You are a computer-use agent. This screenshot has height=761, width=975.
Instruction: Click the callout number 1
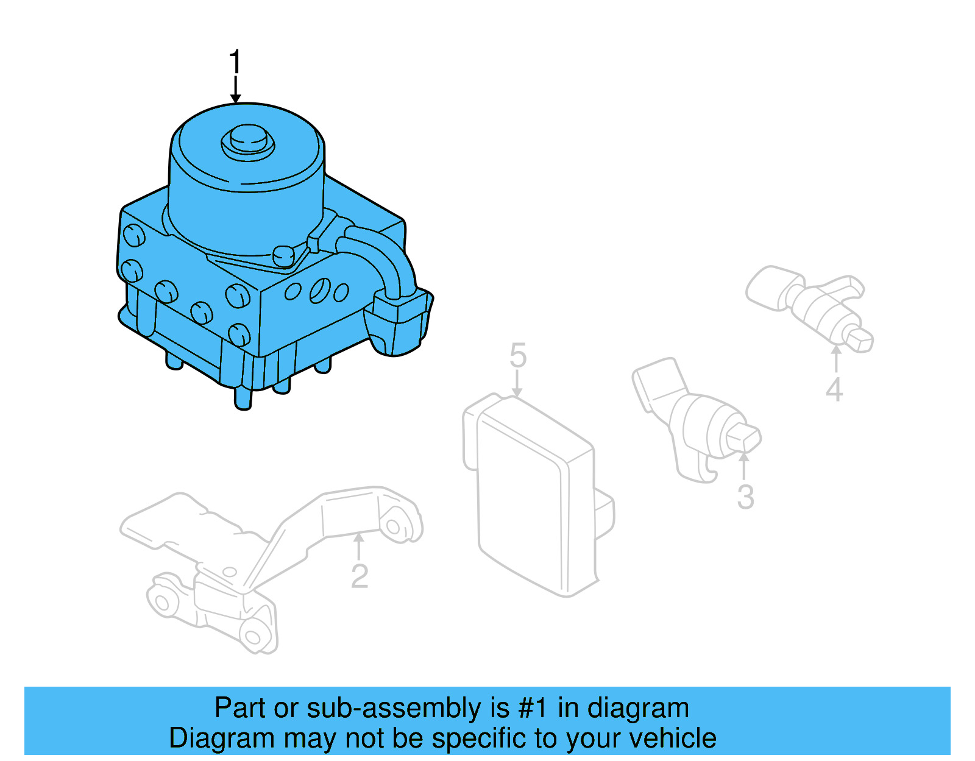coord(235,63)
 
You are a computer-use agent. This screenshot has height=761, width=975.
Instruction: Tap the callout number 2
coord(360,576)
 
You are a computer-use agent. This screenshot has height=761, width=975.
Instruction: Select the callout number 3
coord(745,497)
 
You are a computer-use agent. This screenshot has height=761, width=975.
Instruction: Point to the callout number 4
coord(834,389)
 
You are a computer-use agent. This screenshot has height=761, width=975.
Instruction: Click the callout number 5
coord(517,355)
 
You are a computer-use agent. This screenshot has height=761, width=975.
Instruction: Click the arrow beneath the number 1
coord(235,90)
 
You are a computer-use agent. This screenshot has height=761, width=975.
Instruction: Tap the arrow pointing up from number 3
coord(744,466)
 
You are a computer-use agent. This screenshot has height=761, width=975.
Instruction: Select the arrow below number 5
coord(517,384)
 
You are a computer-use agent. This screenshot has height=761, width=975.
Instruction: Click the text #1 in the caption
coord(533,709)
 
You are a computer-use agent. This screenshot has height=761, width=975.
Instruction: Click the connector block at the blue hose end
coord(399,323)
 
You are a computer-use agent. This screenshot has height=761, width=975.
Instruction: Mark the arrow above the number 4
coord(836,359)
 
